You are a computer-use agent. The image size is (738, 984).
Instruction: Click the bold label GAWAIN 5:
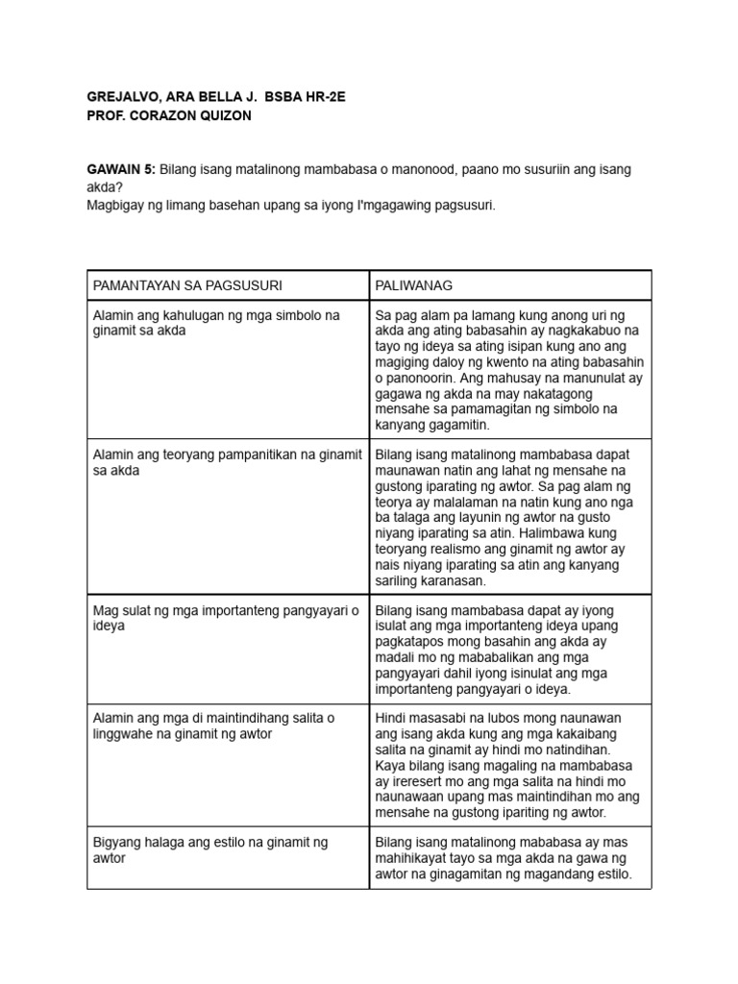[x=121, y=169]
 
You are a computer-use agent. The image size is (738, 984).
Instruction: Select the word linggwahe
[x=124, y=734]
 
